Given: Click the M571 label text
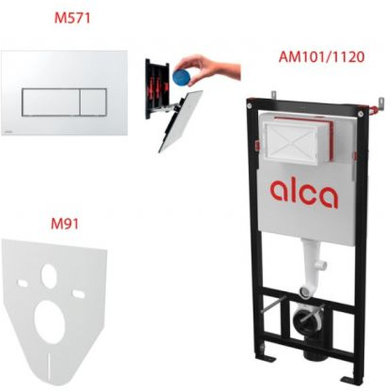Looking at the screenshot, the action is click(72, 18).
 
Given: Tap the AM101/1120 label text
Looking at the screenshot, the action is click(321, 57).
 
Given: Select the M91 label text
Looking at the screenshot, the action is click(65, 224).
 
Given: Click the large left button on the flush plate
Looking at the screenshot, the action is click(51, 102).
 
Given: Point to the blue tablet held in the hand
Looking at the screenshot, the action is click(182, 78).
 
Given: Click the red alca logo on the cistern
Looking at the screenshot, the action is click(304, 194).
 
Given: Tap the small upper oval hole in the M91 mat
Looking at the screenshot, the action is click(49, 276).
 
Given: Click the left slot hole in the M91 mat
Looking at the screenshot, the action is click(22, 283).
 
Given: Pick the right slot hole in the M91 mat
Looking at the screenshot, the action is click(79, 294).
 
